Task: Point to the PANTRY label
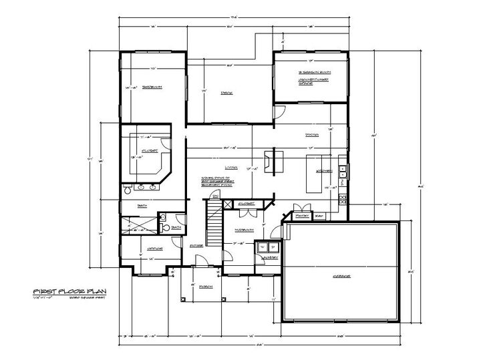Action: [301, 216]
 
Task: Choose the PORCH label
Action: [205, 287]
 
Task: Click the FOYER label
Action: [196, 246]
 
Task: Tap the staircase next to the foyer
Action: [213, 227]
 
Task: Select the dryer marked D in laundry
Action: [273, 247]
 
